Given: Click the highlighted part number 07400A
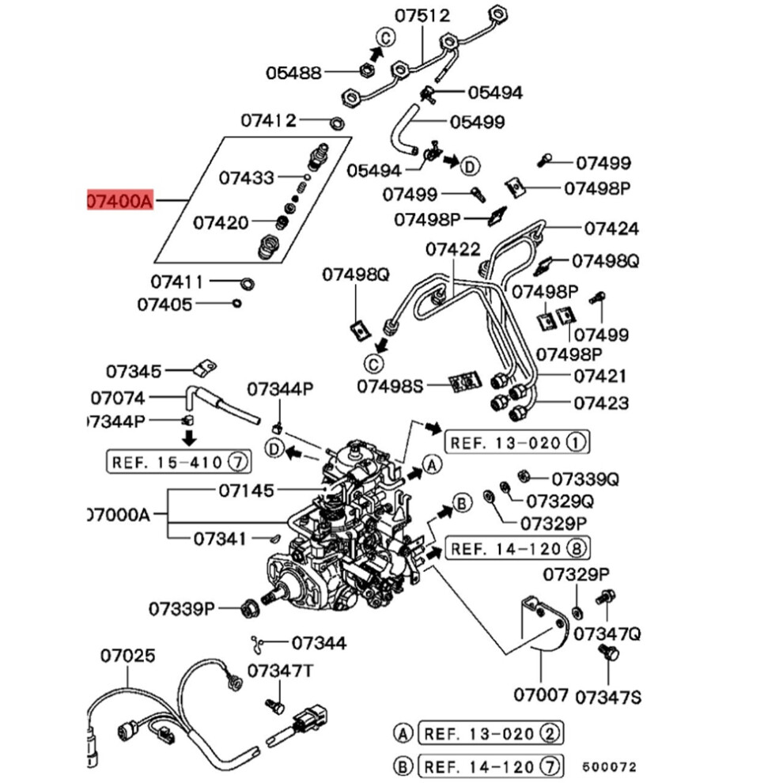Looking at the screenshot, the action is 120,201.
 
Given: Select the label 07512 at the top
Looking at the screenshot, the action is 422,16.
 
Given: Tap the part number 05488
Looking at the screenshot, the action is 293,73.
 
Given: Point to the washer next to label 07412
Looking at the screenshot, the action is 337,122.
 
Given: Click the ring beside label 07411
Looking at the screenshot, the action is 248,284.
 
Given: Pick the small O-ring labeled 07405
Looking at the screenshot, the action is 238,303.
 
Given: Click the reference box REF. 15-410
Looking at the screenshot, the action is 179,461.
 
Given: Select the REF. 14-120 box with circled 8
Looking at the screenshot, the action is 517,548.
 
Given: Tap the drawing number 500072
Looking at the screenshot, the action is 610,766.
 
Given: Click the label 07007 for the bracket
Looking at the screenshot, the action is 541,694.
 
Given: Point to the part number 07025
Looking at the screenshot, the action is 128,655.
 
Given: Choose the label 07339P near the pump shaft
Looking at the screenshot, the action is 182,609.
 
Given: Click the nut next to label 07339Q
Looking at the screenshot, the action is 524,475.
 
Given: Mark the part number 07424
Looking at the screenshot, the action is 611,229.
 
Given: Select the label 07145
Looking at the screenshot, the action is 247,490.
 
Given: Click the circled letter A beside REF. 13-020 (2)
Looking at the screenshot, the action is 403,733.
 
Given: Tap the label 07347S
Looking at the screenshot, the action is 608,697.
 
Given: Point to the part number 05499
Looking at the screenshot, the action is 478,122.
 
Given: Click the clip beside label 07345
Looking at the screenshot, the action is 205,368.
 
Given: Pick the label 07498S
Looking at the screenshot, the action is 390,386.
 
